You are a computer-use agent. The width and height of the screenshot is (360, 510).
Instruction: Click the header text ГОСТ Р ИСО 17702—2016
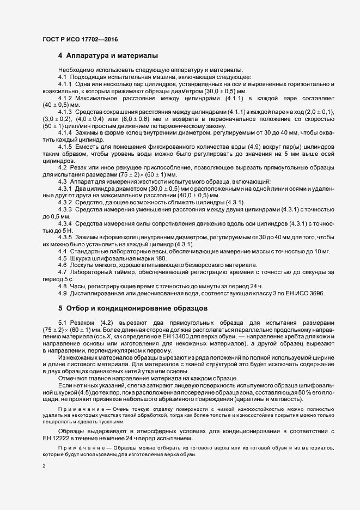click(x=80, y=40)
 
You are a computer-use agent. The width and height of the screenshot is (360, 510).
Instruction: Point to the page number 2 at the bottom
click(x=44, y=465)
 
